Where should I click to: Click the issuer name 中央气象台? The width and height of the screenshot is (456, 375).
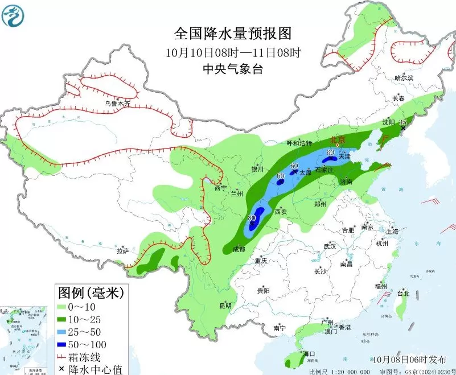click(233, 69)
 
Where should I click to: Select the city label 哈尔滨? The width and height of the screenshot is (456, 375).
click(404, 77)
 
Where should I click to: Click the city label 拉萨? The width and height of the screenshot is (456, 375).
click(122, 250)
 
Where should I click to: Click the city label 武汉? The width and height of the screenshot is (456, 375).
click(330, 246)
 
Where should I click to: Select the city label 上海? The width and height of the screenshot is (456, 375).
click(392, 231)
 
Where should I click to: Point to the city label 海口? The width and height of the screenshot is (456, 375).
click(309, 353)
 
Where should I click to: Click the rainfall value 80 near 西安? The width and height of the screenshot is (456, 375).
click(252, 218)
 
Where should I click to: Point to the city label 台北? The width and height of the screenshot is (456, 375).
click(403, 294)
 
